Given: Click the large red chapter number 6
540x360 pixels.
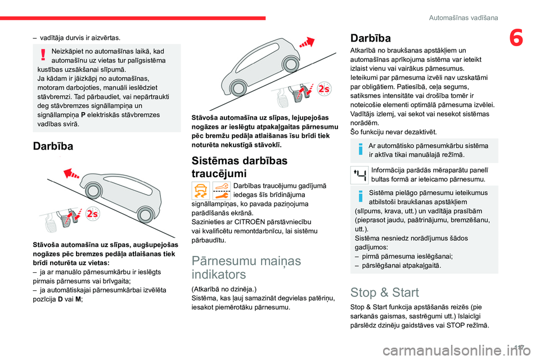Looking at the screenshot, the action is point(516,38).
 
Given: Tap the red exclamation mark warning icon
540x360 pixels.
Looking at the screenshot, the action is point(43,55).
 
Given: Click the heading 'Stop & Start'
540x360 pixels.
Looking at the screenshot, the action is point(384,292).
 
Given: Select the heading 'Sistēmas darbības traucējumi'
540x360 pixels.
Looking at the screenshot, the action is point(240,166).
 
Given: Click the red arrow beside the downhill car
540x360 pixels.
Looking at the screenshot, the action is point(71,174).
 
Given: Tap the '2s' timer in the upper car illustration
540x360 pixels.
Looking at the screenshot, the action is point(324,89).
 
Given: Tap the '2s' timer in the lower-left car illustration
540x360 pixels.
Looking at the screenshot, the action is point(92,214).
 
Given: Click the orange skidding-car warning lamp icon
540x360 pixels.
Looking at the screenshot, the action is point(200,191).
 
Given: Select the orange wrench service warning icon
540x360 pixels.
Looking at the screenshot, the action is point(222,191).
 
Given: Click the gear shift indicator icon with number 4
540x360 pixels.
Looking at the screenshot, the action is point(359,175).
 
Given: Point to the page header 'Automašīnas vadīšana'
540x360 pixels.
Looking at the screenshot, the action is point(463,17).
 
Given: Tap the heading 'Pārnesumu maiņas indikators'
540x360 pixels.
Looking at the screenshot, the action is point(246,267).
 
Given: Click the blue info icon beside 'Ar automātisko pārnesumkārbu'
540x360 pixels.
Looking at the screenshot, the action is point(361,150).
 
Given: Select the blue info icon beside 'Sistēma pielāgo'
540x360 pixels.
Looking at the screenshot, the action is point(361,196).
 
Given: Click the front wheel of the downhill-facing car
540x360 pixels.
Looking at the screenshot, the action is point(93,191).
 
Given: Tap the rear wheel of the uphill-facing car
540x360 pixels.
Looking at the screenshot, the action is point(237,88).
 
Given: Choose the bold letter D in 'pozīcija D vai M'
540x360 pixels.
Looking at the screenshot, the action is point(60,299).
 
